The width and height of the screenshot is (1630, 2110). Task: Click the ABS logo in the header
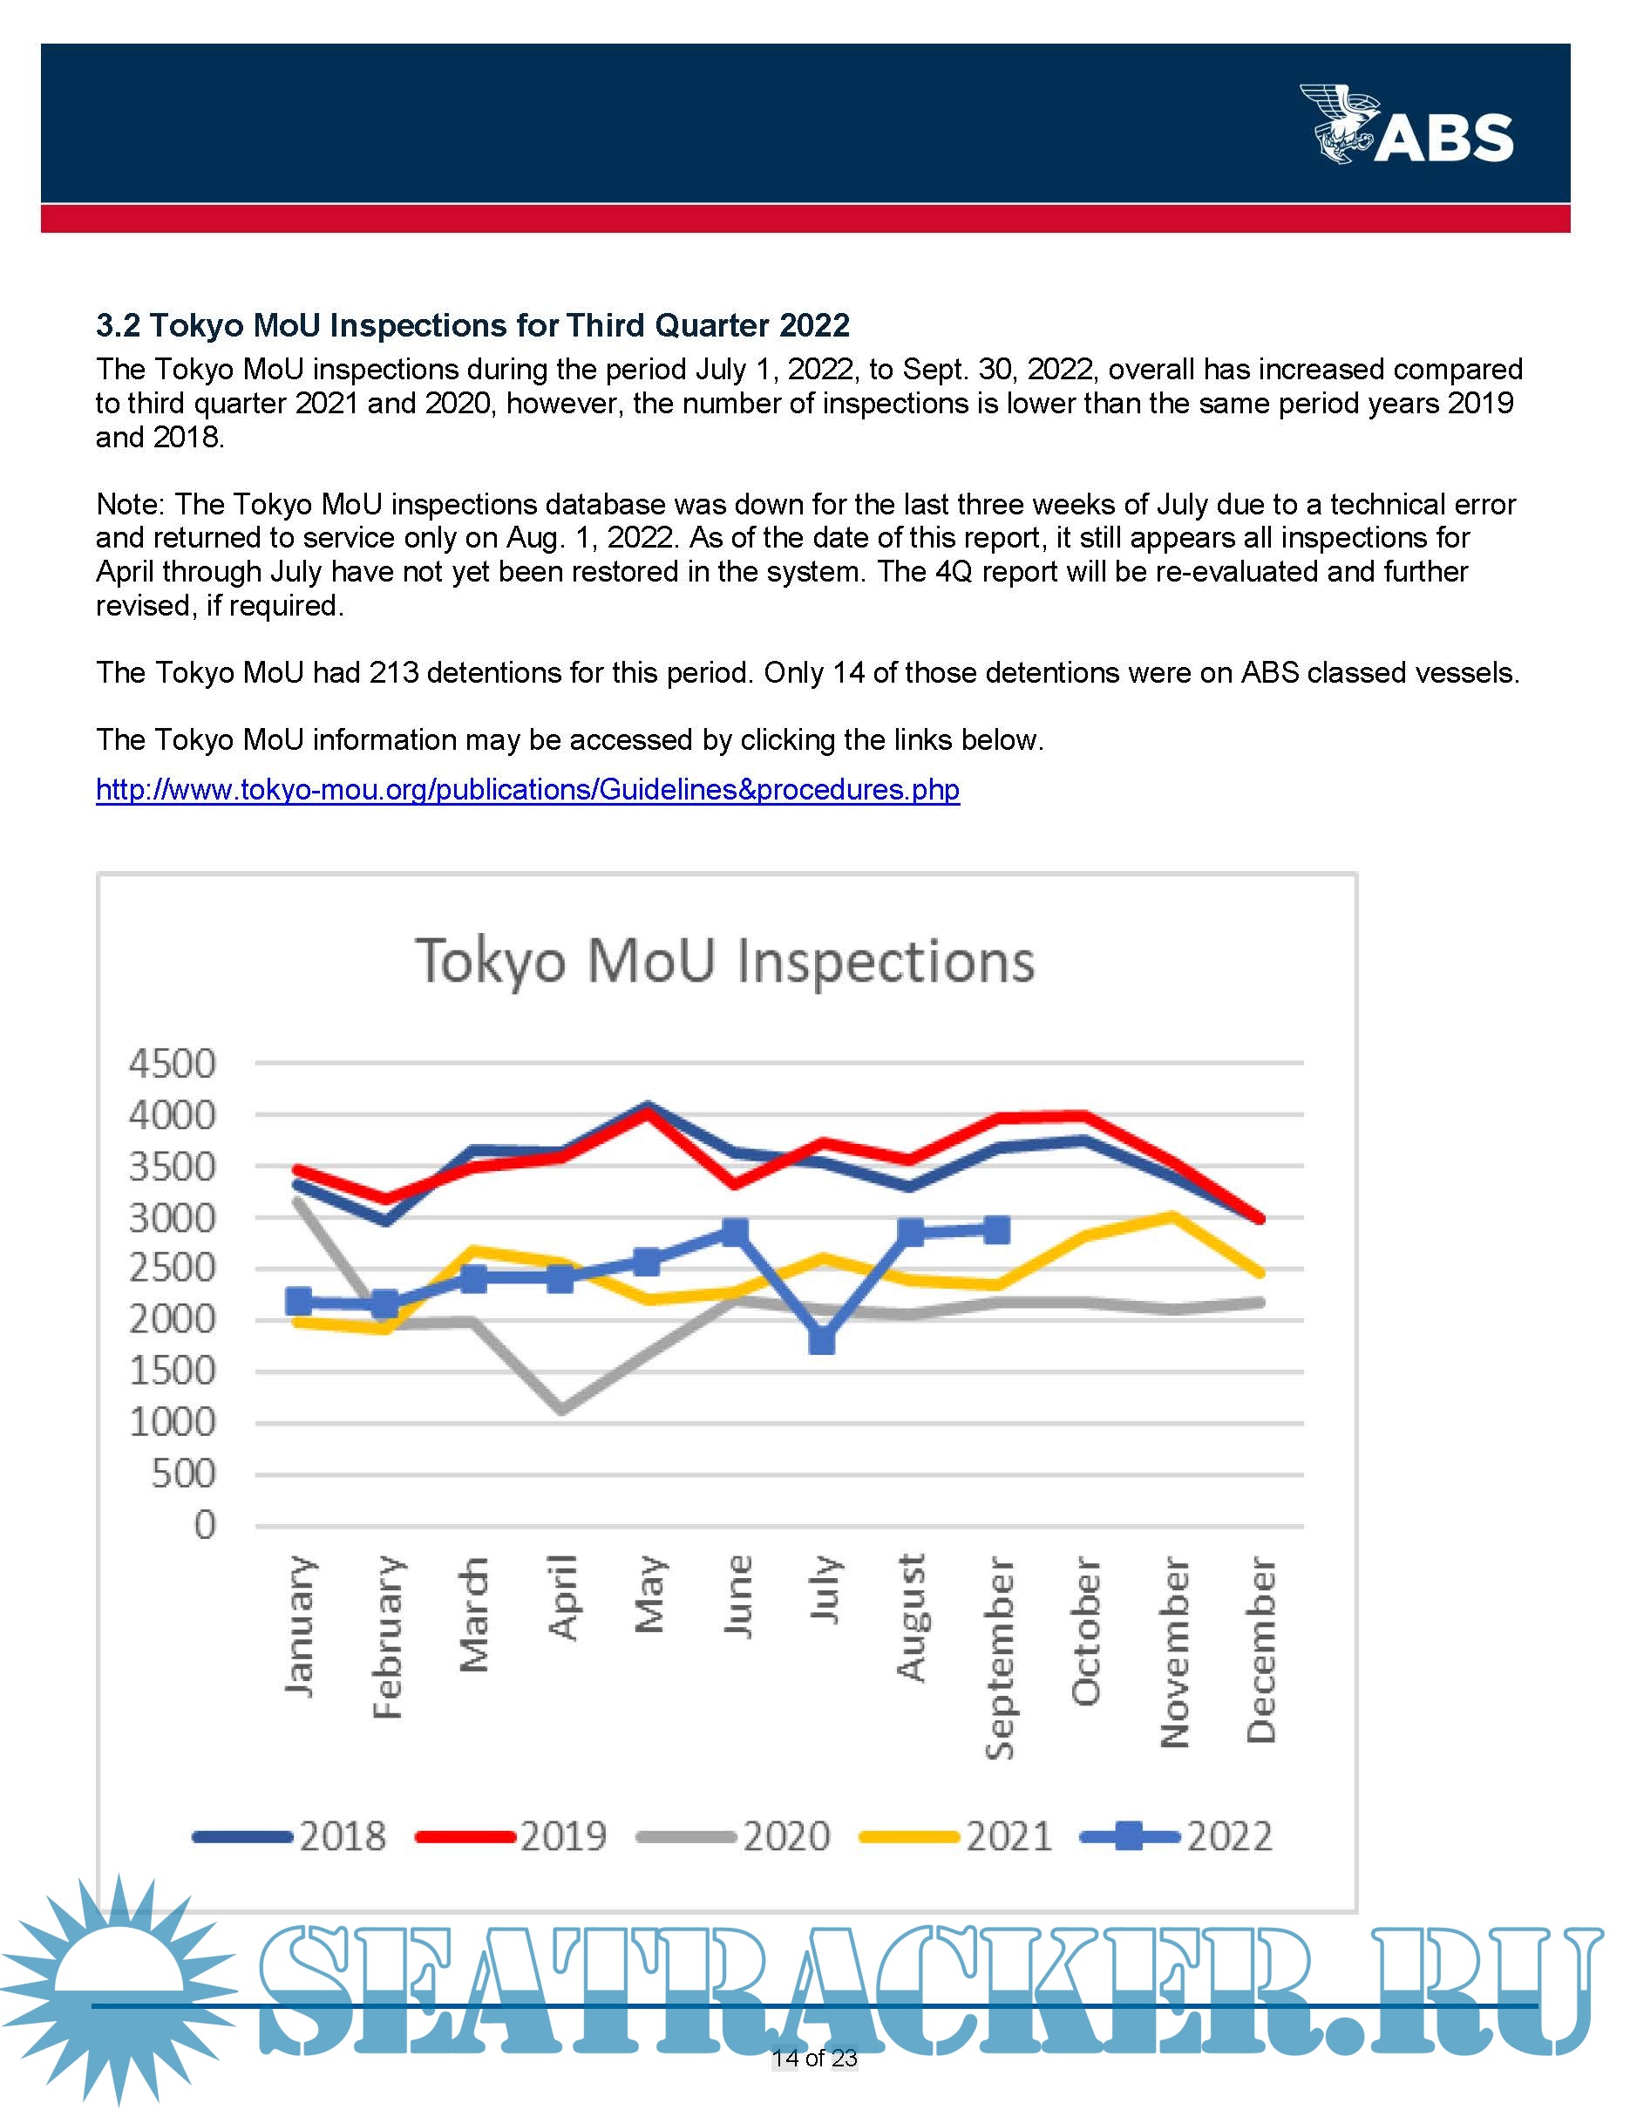coord(1407,125)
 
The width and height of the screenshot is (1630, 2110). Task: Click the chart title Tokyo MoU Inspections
coord(724,963)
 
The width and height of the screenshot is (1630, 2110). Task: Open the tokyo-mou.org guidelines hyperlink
coord(527,790)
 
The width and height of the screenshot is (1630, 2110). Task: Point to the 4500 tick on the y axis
coord(173,1064)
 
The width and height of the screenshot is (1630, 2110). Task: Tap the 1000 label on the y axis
coord(173,1422)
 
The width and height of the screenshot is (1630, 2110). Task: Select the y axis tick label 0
coord(205,1526)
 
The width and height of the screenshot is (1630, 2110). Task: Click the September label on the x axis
coord(1001,1657)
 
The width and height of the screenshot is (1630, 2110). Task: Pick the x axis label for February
coord(387,1637)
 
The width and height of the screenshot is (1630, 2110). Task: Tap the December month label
coord(1261,1648)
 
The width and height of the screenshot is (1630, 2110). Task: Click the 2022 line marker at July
coord(822,1340)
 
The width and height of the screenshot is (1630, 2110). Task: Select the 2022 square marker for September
coord(996,1230)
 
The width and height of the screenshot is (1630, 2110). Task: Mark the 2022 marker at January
coord(299,1302)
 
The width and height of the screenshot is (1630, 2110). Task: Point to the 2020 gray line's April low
coord(561,1410)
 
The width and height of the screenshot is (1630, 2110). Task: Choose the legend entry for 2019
coord(513,1836)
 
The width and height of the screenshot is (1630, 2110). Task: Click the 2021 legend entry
coord(957,1836)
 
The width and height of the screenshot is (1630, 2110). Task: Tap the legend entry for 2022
coord(1178,1836)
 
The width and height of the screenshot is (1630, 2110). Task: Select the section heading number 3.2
coord(118,325)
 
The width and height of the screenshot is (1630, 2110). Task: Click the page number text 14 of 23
coord(814,2058)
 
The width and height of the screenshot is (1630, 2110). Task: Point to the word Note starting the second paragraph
coord(131,504)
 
